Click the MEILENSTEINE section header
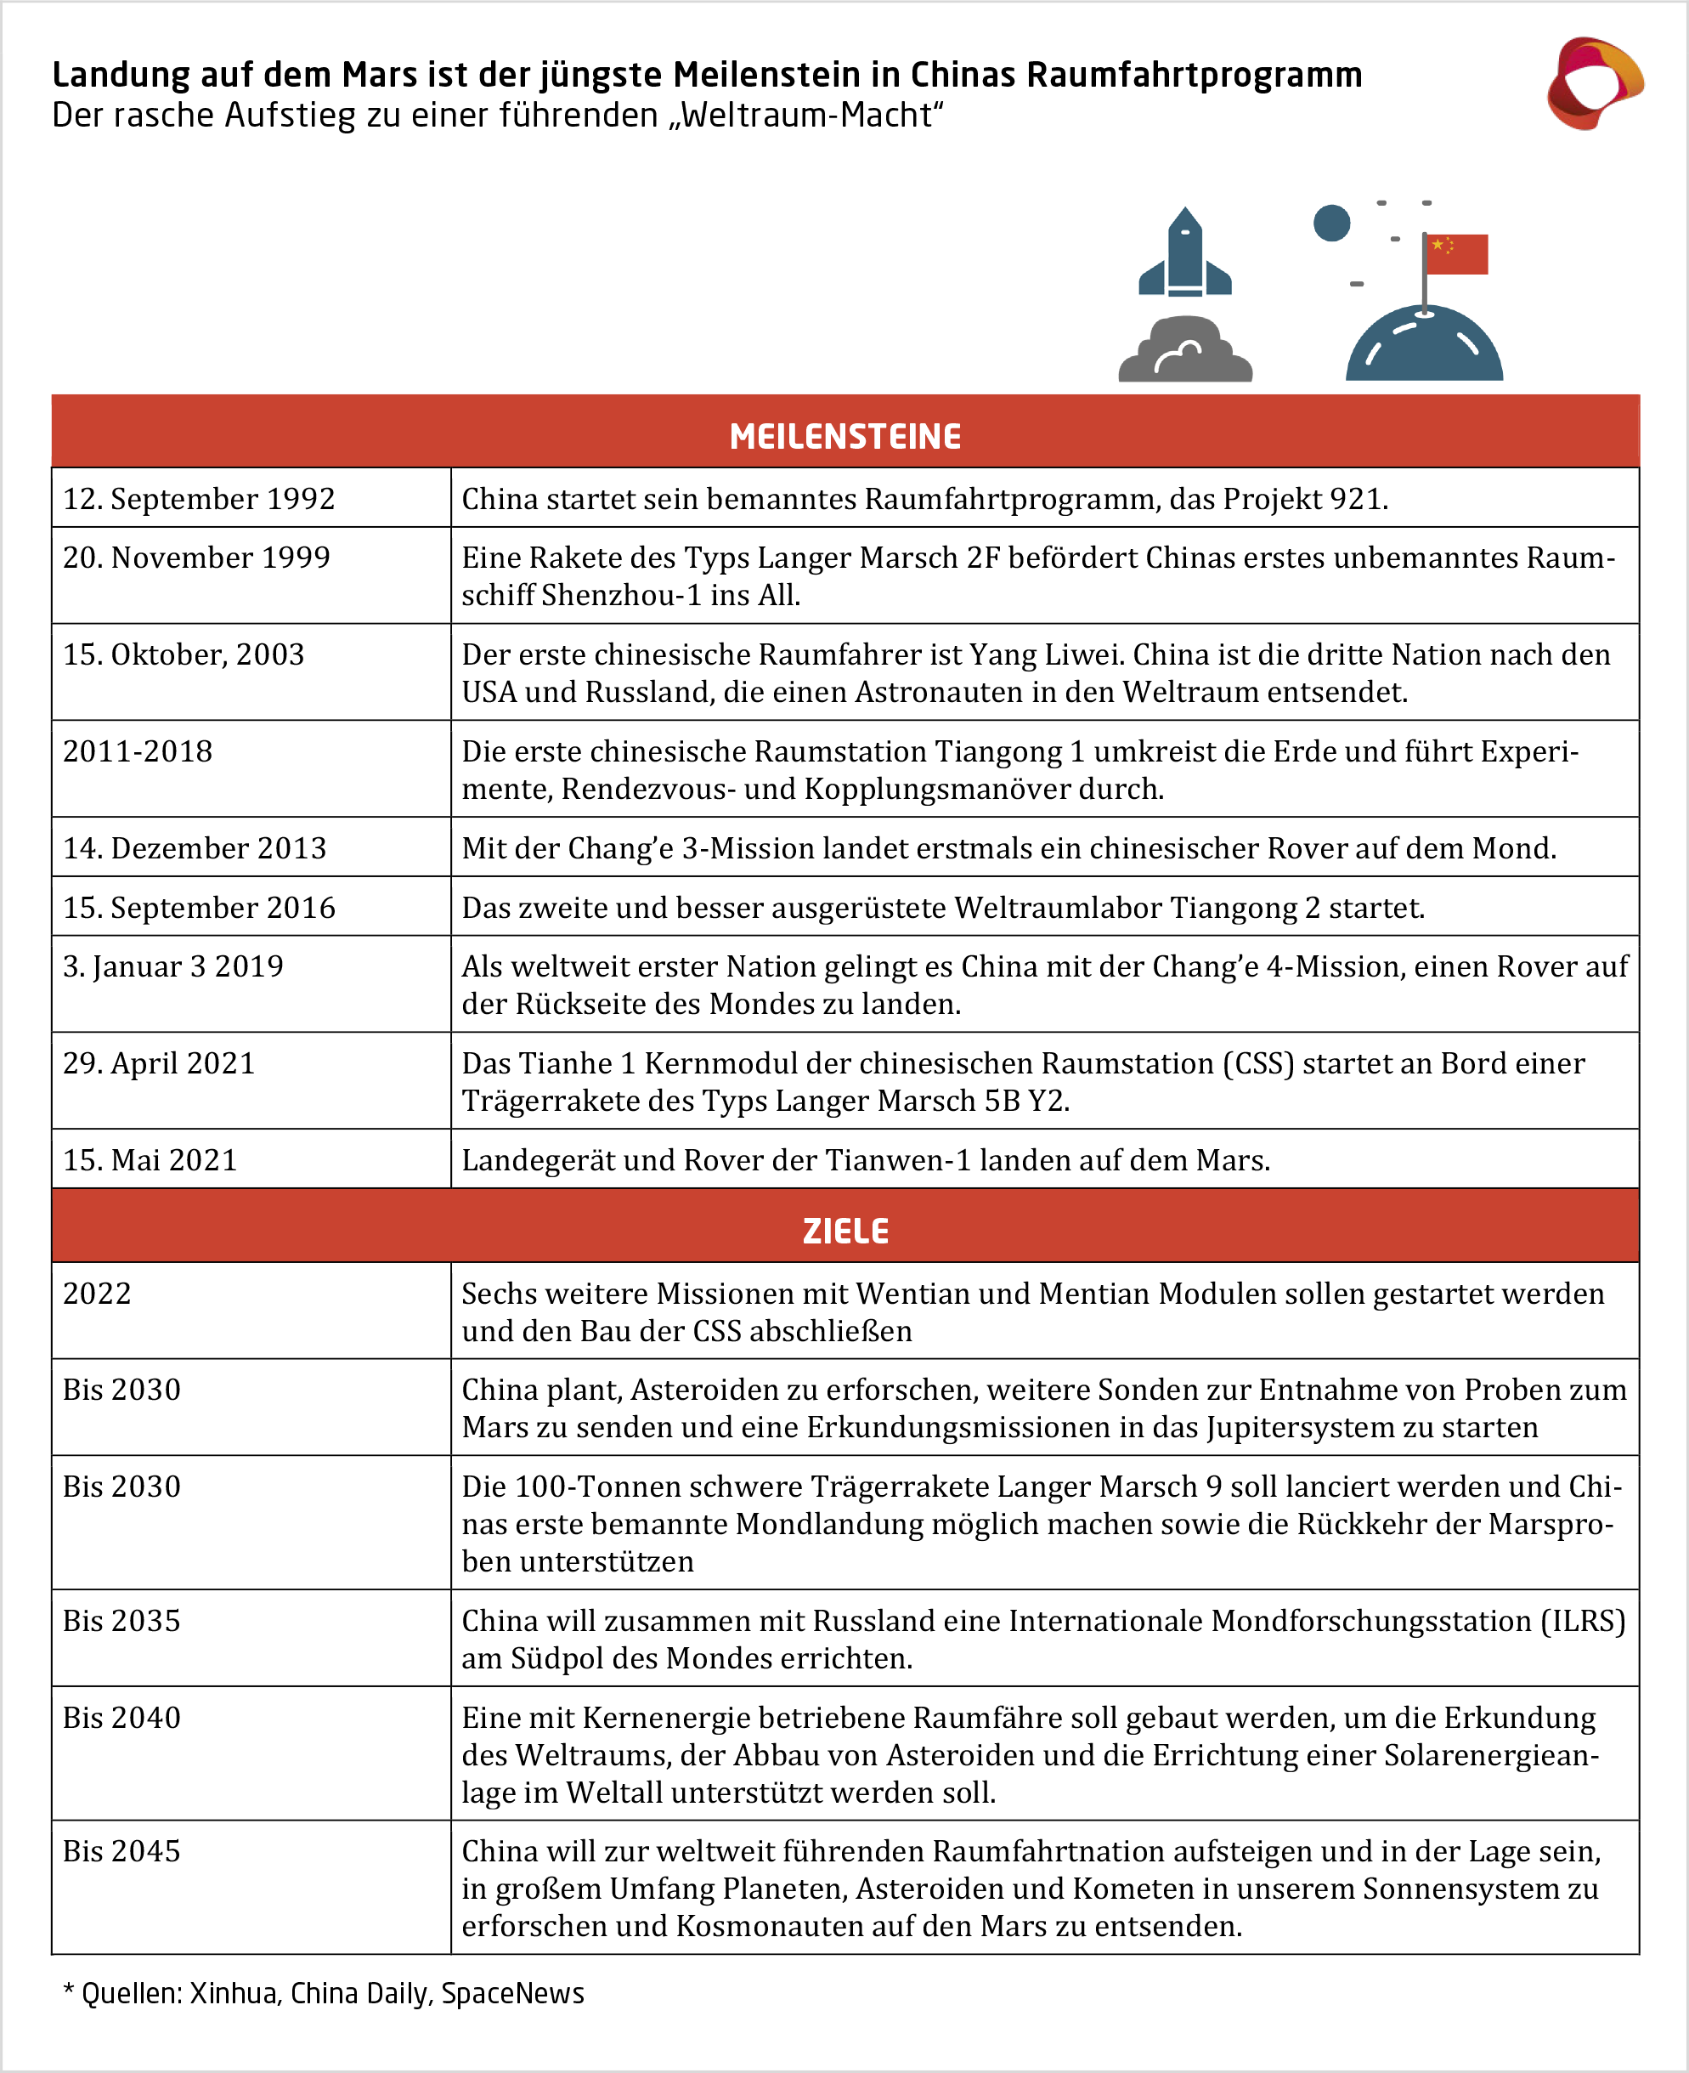[844, 436]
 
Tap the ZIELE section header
[844, 1232]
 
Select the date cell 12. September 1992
[199, 499]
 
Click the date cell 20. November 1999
[196, 558]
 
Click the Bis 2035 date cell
[121, 1621]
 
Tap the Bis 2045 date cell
[121, 1851]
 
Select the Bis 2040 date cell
[121, 1718]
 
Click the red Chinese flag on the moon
[1456, 254]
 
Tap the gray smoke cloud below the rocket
[1185, 351]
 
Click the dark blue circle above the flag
[1331, 223]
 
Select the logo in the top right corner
[1594, 83]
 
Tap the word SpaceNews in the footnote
[513, 1993]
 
